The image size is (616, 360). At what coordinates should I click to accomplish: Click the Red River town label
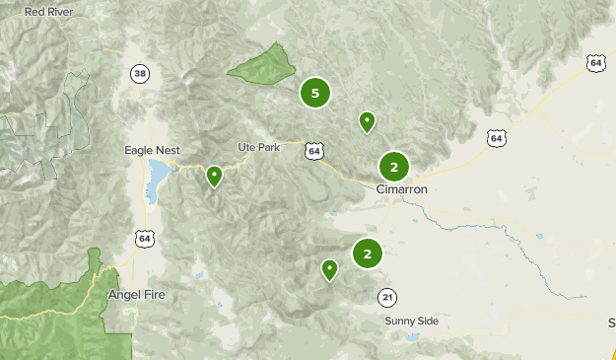[x=47, y=12]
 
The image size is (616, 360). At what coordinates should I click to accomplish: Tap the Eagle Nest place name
[x=153, y=150]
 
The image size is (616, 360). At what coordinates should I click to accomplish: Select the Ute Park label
[x=259, y=147]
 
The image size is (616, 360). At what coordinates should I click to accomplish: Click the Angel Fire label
[x=136, y=295]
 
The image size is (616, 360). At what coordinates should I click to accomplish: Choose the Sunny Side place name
[x=412, y=322]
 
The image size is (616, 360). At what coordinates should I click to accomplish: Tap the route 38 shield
[x=140, y=73]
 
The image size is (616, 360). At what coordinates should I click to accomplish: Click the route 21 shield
[x=387, y=297]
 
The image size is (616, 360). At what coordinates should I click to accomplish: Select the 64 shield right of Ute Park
[x=313, y=151]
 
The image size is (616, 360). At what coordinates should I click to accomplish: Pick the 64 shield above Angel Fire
[x=145, y=239]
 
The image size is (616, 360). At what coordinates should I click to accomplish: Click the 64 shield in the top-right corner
[x=595, y=62]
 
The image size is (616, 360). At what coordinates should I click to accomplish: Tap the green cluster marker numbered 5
[x=315, y=94]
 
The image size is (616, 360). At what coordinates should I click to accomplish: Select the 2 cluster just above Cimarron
[x=394, y=166]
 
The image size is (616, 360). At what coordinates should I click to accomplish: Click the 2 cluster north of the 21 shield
[x=368, y=253]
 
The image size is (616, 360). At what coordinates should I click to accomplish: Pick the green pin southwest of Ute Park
[x=214, y=177]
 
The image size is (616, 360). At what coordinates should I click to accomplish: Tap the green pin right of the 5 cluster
[x=367, y=121]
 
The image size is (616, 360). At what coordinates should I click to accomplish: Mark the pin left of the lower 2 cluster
[x=329, y=268]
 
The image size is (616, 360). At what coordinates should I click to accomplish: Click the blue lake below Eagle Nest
[x=155, y=180]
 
